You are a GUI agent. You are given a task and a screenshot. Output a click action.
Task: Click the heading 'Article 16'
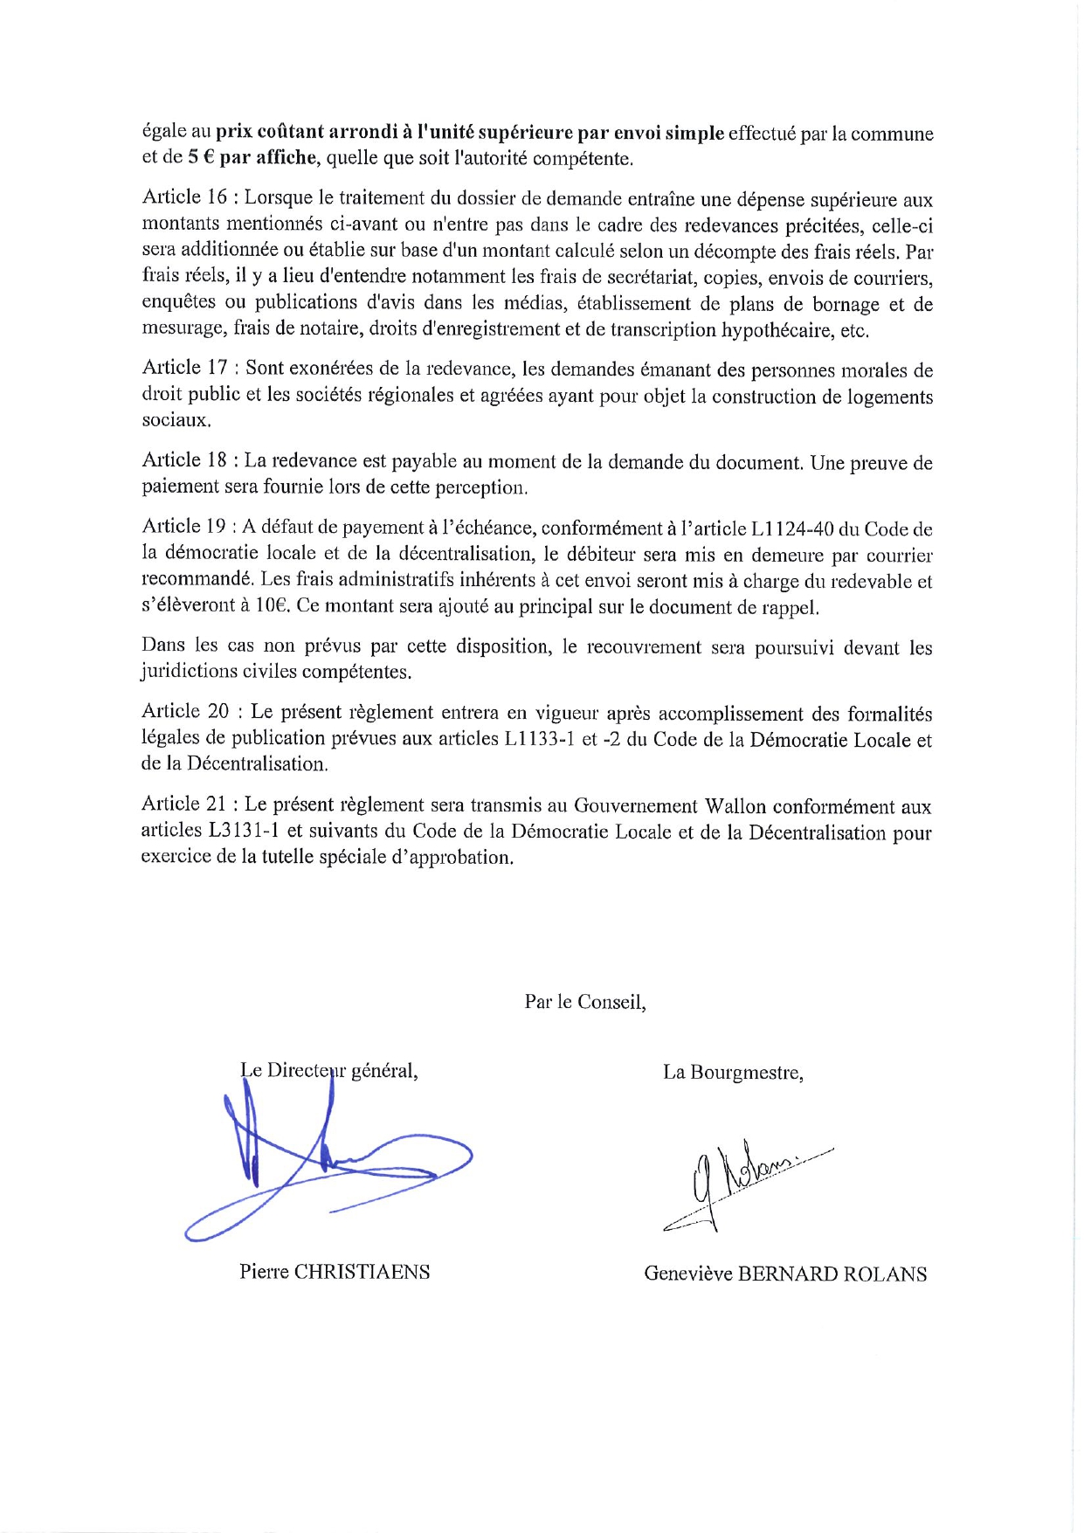(184, 199)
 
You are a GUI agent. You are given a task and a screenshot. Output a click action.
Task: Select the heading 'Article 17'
(184, 369)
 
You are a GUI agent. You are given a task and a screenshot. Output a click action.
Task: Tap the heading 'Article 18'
(184, 461)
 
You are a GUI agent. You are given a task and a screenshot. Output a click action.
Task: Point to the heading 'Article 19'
(184, 528)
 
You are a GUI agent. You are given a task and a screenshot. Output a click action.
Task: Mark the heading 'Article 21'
(184, 805)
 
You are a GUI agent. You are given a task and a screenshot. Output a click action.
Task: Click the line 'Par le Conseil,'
(585, 1002)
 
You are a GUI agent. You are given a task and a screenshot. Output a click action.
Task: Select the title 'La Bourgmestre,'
(733, 1073)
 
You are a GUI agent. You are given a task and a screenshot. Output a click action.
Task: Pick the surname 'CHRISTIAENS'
(362, 1272)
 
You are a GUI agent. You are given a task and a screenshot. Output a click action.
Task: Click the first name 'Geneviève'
(687, 1274)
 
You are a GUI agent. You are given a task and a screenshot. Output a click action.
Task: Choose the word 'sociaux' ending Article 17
(176, 420)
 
